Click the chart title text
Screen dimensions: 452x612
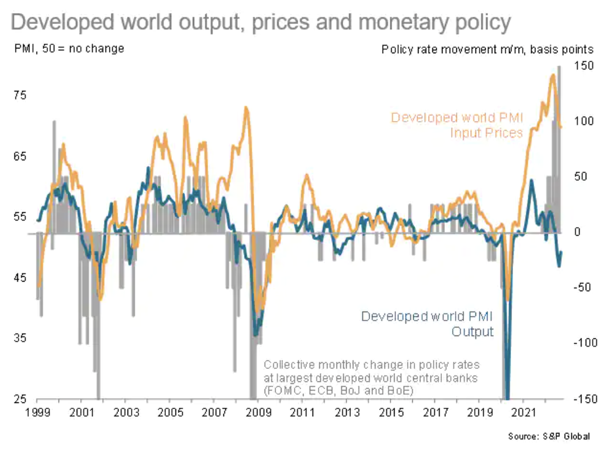[261, 23]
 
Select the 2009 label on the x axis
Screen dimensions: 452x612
[259, 413]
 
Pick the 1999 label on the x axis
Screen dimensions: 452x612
[37, 413]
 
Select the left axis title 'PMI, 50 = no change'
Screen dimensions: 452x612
[69, 48]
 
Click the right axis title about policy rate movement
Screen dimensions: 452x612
[487, 48]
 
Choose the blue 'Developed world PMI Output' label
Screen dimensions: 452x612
[427, 323]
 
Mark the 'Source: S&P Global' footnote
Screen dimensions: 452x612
[549, 436]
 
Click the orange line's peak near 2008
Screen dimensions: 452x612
[246, 108]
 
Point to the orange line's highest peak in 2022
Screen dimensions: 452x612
[552, 75]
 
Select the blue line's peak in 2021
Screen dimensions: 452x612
[531, 180]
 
